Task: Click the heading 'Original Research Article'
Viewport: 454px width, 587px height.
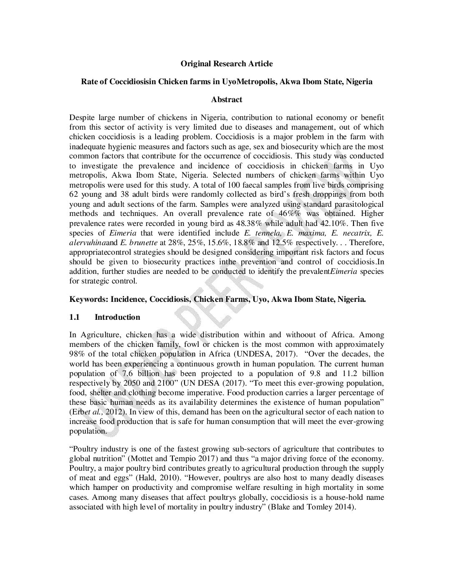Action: click(227, 64)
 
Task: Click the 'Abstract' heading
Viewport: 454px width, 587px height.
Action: click(227, 100)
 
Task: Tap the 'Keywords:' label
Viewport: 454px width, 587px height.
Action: click(89, 299)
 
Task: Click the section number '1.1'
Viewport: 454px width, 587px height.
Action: click(75, 317)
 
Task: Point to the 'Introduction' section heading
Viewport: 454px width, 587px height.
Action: click(117, 317)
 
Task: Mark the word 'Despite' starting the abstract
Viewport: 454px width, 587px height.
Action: click(83, 118)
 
